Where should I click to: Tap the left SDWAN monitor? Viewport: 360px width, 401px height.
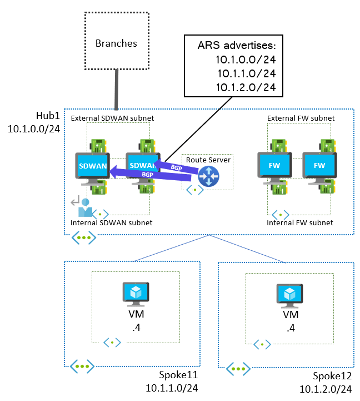click(93, 167)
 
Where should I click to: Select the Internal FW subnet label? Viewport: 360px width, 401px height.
click(300, 222)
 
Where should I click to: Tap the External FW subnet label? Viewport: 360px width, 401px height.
click(301, 118)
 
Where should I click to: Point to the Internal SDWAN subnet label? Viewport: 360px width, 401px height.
click(111, 222)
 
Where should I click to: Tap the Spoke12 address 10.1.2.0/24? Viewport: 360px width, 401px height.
click(326, 388)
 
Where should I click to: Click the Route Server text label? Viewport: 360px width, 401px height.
click(208, 160)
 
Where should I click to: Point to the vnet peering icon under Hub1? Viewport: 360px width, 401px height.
click(83, 237)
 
